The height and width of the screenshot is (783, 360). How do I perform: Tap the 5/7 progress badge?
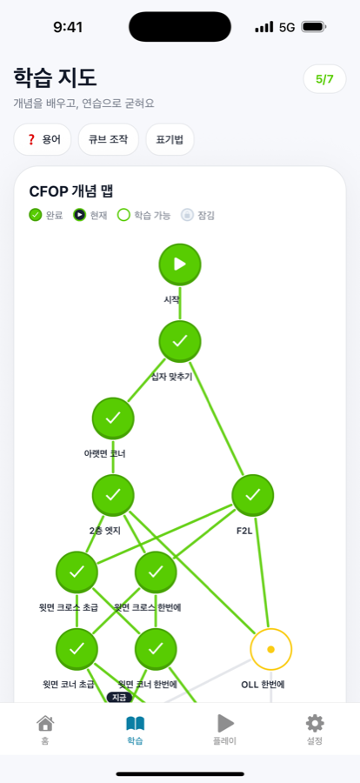(x=324, y=79)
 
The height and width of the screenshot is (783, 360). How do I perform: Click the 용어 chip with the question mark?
(x=43, y=139)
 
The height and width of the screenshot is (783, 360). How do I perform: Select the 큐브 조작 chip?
(x=109, y=139)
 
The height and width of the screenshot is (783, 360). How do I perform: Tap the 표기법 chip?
(x=170, y=139)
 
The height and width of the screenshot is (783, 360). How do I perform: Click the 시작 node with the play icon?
(x=180, y=264)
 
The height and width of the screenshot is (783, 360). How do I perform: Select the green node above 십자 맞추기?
(x=180, y=342)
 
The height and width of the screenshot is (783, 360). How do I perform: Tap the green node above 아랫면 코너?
(x=113, y=418)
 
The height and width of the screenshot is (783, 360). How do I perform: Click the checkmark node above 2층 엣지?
(x=113, y=495)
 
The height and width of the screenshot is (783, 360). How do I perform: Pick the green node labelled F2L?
(x=253, y=495)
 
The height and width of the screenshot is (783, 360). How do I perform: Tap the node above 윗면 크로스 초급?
(x=77, y=572)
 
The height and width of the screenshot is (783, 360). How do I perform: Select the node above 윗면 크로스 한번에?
(x=156, y=572)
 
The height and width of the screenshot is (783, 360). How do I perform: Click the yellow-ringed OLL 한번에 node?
(x=271, y=649)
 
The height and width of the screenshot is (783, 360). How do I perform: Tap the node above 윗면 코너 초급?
(x=77, y=649)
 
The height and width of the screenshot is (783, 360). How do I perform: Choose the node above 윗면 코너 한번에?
(x=156, y=649)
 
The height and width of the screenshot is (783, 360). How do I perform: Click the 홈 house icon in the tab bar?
(x=45, y=723)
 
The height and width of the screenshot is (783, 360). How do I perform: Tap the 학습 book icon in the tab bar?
(x=135, y=724)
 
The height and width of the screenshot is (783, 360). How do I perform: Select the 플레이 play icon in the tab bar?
(x=225, y=723)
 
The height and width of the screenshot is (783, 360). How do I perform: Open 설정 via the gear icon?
(x=315, y=723)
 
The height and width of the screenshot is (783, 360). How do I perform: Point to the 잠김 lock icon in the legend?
(x=187, y=215)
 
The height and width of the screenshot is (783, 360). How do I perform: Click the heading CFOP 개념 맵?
(x=72, y=191)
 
